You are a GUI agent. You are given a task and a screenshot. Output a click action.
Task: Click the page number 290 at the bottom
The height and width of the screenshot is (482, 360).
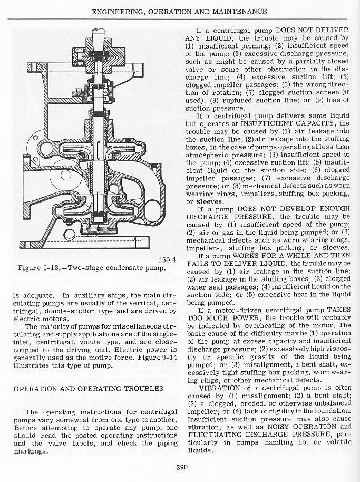(180, 466)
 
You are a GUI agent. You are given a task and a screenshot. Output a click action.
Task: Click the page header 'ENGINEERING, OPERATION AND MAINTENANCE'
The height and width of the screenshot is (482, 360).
(180, 11)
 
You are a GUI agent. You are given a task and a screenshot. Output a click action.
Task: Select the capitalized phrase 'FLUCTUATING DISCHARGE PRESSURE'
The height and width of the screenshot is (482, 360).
(253, 434)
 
